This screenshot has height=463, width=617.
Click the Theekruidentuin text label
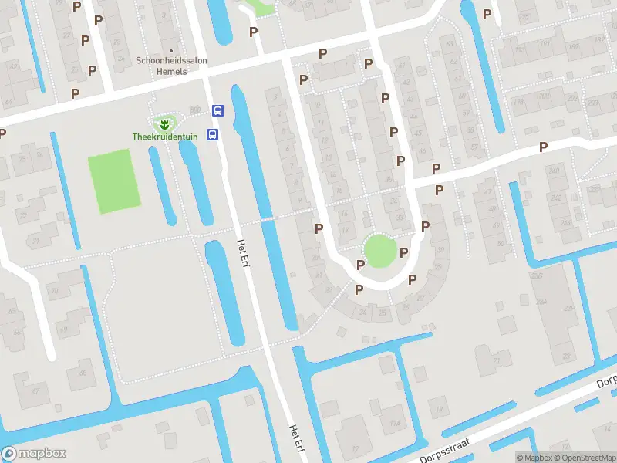164,137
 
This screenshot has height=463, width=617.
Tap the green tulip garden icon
164,123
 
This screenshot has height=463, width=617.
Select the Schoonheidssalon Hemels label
171,65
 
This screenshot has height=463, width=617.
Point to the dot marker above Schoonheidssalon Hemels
171,51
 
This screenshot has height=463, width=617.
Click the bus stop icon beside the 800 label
218,110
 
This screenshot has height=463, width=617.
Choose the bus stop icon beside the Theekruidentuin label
214,133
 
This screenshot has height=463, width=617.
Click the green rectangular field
114,181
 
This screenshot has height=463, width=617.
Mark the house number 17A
396,423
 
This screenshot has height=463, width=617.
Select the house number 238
570,308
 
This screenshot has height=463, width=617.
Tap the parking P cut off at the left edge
2,133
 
